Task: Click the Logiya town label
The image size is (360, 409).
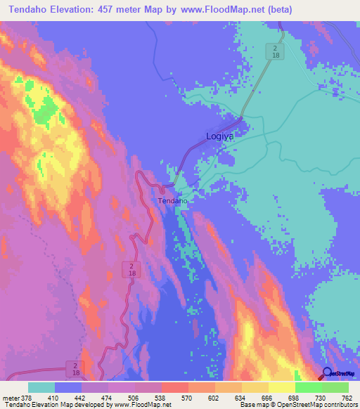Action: tap(219, 136)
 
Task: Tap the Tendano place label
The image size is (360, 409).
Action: tap(172, 201)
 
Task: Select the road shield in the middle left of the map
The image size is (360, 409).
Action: tap(132, 269)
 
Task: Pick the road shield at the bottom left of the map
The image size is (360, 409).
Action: tap(75, 368)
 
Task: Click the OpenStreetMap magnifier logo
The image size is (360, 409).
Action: tap(326, 374)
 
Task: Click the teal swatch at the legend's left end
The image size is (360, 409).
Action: tap(41, 388)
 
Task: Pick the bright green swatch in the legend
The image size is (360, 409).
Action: tap(308, 388)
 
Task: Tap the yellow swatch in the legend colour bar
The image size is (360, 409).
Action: tap(255, 388)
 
